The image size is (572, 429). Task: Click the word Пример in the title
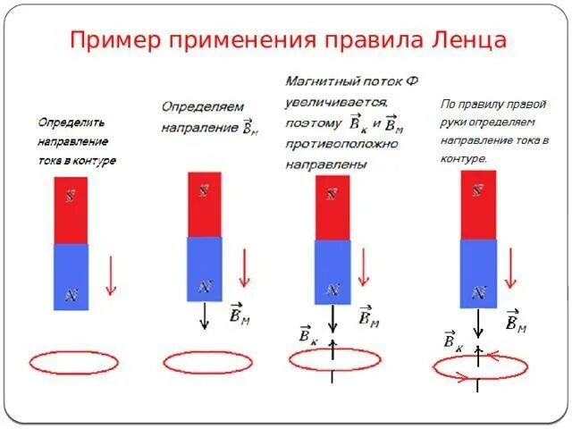pyautogui.click(x=114, y=39)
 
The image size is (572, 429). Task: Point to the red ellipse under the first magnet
pyautogui.click(x=69, y=362)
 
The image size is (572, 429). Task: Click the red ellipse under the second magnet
pyautogui.click(x=202, y=362)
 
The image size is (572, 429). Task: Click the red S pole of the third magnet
pyautogui.click(x=332, y=207)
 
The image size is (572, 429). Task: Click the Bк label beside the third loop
pyautogui.click(x=308, y=334)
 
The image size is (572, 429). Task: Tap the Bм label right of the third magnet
pyautogui.click(x=367, y=316)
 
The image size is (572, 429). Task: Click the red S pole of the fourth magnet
pyautogui.click(x=478, y=204)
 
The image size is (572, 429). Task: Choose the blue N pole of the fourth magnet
pyautogui.click(x=478, y=273)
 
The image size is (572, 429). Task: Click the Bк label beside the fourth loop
pyautogui.click(x=452, y=341)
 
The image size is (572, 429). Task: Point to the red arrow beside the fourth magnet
pyautogui.click(x=511, y=268)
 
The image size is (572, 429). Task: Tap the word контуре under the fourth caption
pyautogui.click(x=464, y=158)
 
